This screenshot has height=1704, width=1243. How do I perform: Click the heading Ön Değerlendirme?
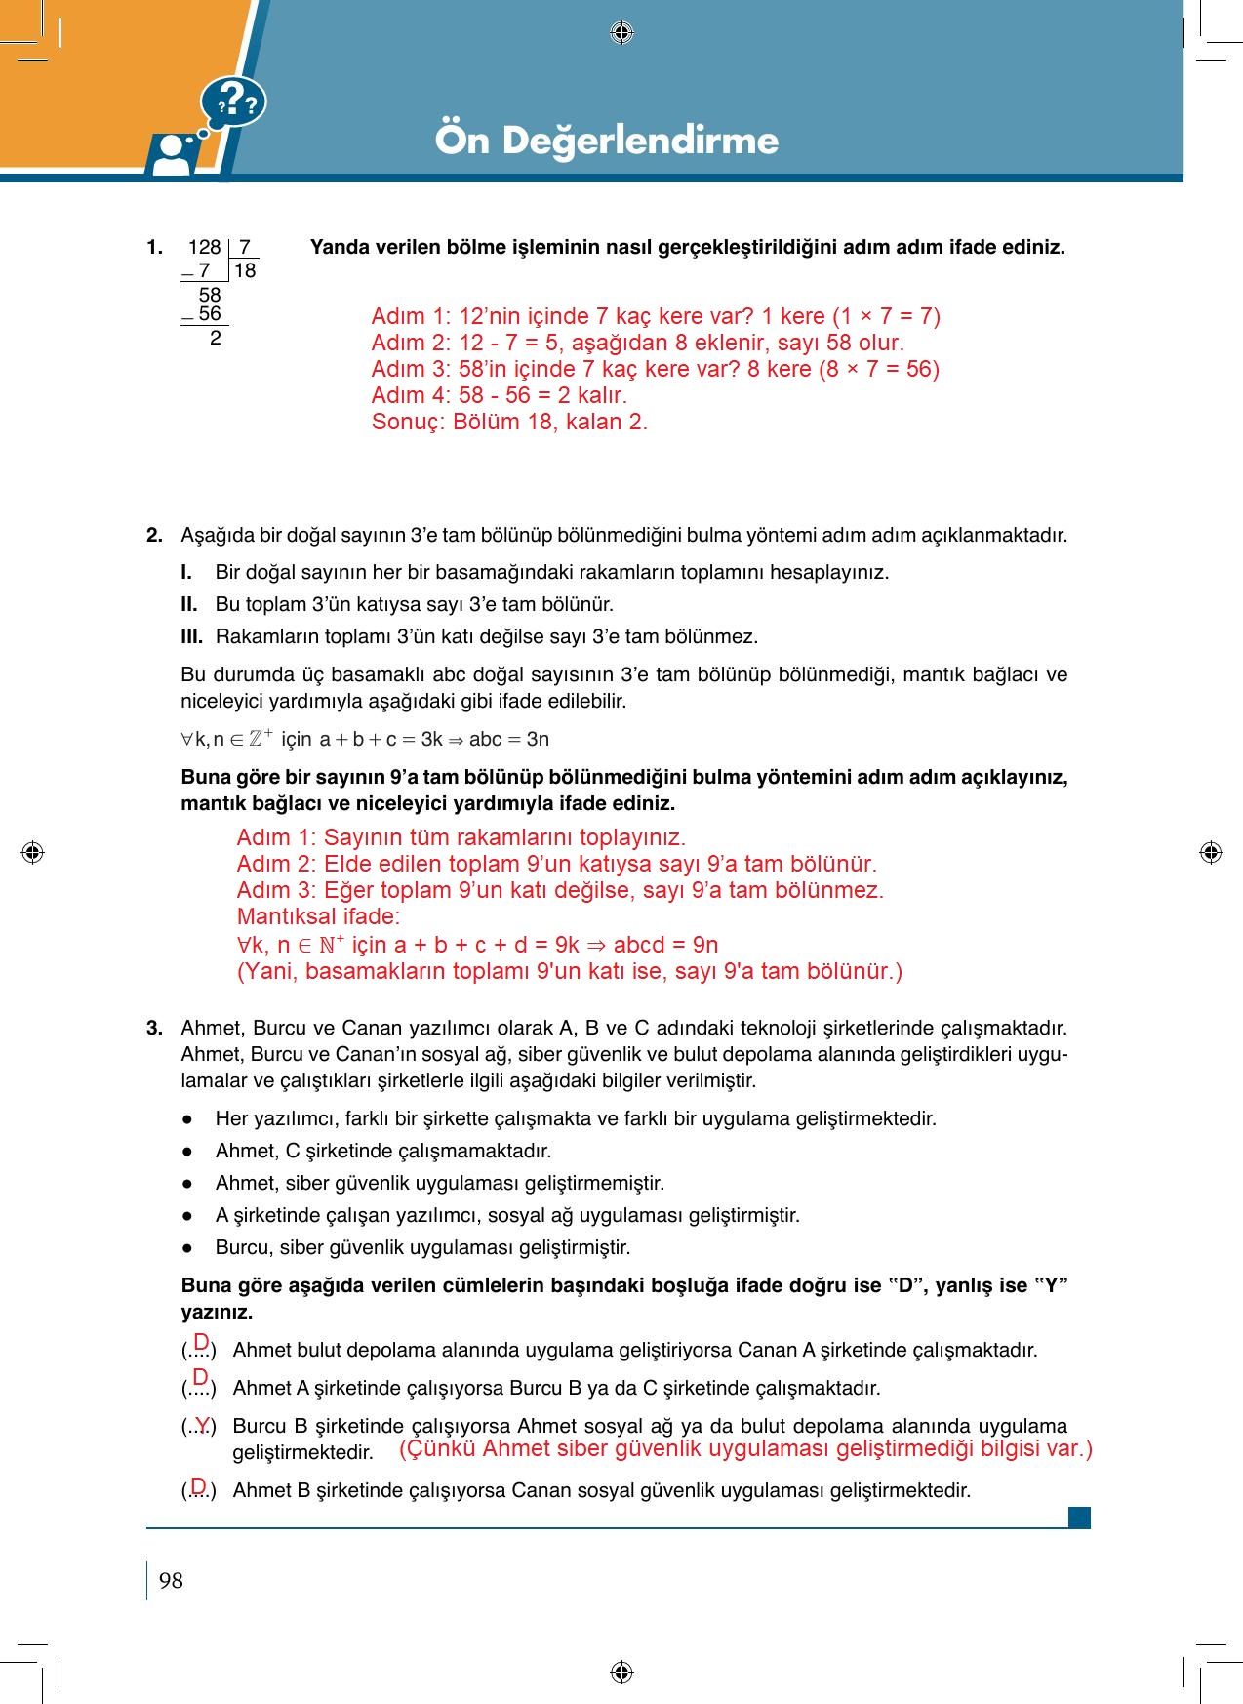606,141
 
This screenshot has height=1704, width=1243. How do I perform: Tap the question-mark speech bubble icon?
234,102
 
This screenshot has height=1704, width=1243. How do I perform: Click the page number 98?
171,1580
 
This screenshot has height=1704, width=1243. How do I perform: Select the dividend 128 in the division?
204,248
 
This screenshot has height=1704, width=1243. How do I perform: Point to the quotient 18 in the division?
245,270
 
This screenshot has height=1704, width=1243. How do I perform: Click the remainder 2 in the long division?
216,338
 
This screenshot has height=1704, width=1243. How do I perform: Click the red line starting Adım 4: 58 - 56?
499,395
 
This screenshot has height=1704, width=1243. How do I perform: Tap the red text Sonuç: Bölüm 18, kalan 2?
508,422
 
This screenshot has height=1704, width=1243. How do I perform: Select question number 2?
154,535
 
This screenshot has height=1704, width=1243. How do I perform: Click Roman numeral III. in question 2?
191,636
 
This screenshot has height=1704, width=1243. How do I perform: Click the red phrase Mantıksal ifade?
318,916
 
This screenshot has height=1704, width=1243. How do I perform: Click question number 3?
154,1028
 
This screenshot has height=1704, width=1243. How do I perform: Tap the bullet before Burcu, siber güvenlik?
186,1248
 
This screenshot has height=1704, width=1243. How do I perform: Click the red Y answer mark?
202,1424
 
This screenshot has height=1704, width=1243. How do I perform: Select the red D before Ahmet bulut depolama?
201,1341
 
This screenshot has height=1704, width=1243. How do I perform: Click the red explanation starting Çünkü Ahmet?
745,1448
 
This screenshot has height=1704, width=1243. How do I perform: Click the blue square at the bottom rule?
1079,1518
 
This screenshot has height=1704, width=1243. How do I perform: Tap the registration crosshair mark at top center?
621,33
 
